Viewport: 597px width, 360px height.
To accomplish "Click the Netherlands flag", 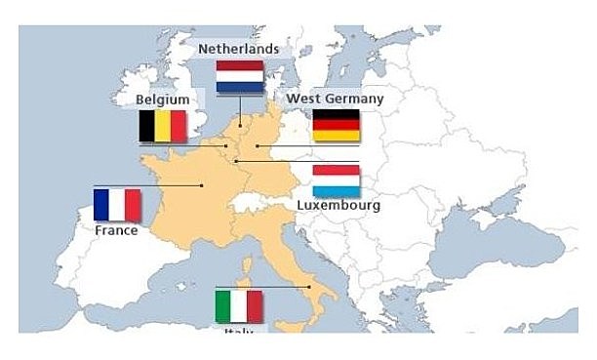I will coord(239,77).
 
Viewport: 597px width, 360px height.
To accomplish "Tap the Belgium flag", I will coord(162,126).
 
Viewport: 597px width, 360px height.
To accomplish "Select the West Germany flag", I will coord(336,126).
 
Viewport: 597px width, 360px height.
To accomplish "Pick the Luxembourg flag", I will coord(336,181).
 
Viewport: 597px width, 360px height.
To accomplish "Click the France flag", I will coord(117,205).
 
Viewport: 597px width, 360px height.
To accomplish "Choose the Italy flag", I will coord(239,306).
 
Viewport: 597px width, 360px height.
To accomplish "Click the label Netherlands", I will coord(238,49).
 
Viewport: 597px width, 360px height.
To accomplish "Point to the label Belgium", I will coord(162,100).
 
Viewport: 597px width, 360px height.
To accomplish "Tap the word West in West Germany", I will coord(300,100).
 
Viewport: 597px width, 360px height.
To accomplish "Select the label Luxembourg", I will coord(338,206).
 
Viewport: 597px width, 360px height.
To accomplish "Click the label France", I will coord(116,231).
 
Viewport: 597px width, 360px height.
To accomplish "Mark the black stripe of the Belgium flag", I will coord(146,126).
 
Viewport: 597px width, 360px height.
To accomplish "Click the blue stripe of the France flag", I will coord(101,205).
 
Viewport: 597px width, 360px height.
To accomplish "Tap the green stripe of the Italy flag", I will coord(223,306).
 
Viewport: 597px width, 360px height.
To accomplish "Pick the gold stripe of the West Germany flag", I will coord(336,137).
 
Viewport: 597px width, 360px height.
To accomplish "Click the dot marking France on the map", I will coord(202,184).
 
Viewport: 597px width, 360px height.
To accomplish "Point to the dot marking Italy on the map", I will coord(309,287).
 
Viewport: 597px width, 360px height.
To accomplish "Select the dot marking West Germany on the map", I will coord(258,146).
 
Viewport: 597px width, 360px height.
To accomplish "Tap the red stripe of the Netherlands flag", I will coord(239,67).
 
